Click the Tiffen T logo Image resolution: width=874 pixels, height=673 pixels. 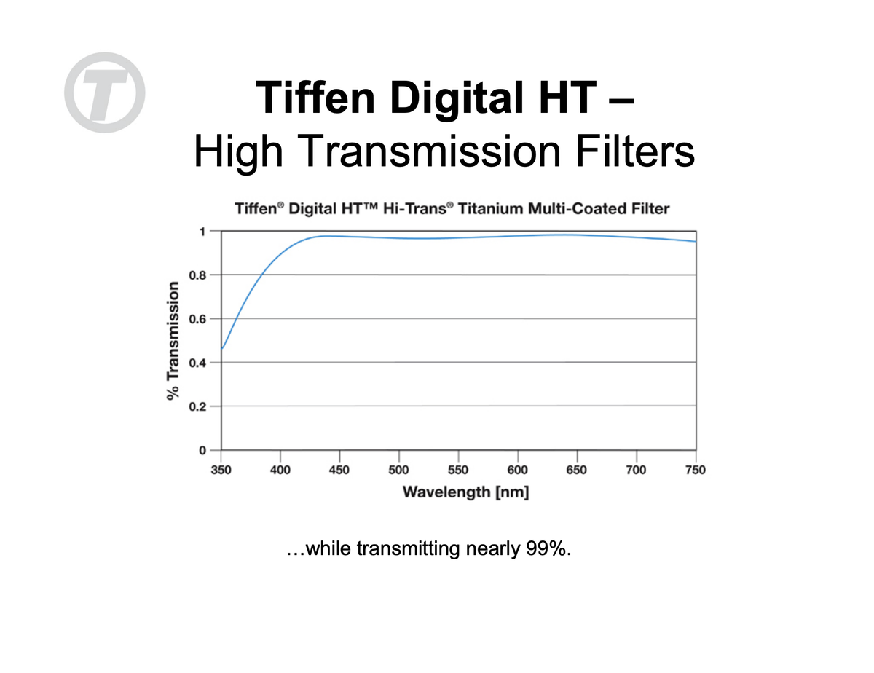tap(105, 92)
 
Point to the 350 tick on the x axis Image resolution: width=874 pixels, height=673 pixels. tap(221, 470)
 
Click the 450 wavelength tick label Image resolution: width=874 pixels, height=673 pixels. tap(339, 470)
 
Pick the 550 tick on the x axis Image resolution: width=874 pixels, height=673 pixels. tap(458, 470)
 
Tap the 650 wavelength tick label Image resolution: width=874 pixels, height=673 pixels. tap(577, 470)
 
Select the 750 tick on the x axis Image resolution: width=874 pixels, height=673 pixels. tap(696, 470)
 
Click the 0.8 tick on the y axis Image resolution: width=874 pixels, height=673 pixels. tap(197, 275)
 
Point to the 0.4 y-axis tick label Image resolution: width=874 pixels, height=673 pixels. tap(197, 363)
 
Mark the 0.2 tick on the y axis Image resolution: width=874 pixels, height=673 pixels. tap(197, 406)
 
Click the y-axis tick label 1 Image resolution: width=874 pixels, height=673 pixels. tap(202, 231)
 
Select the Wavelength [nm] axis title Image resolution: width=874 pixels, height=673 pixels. tap(465, 492)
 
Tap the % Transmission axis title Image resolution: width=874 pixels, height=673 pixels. tap(173, 340)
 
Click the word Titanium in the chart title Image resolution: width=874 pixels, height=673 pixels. tap(495, 209)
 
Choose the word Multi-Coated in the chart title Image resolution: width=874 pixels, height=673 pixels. tap(576, 209)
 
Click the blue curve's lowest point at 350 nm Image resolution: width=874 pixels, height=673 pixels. tap(222, 348)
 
